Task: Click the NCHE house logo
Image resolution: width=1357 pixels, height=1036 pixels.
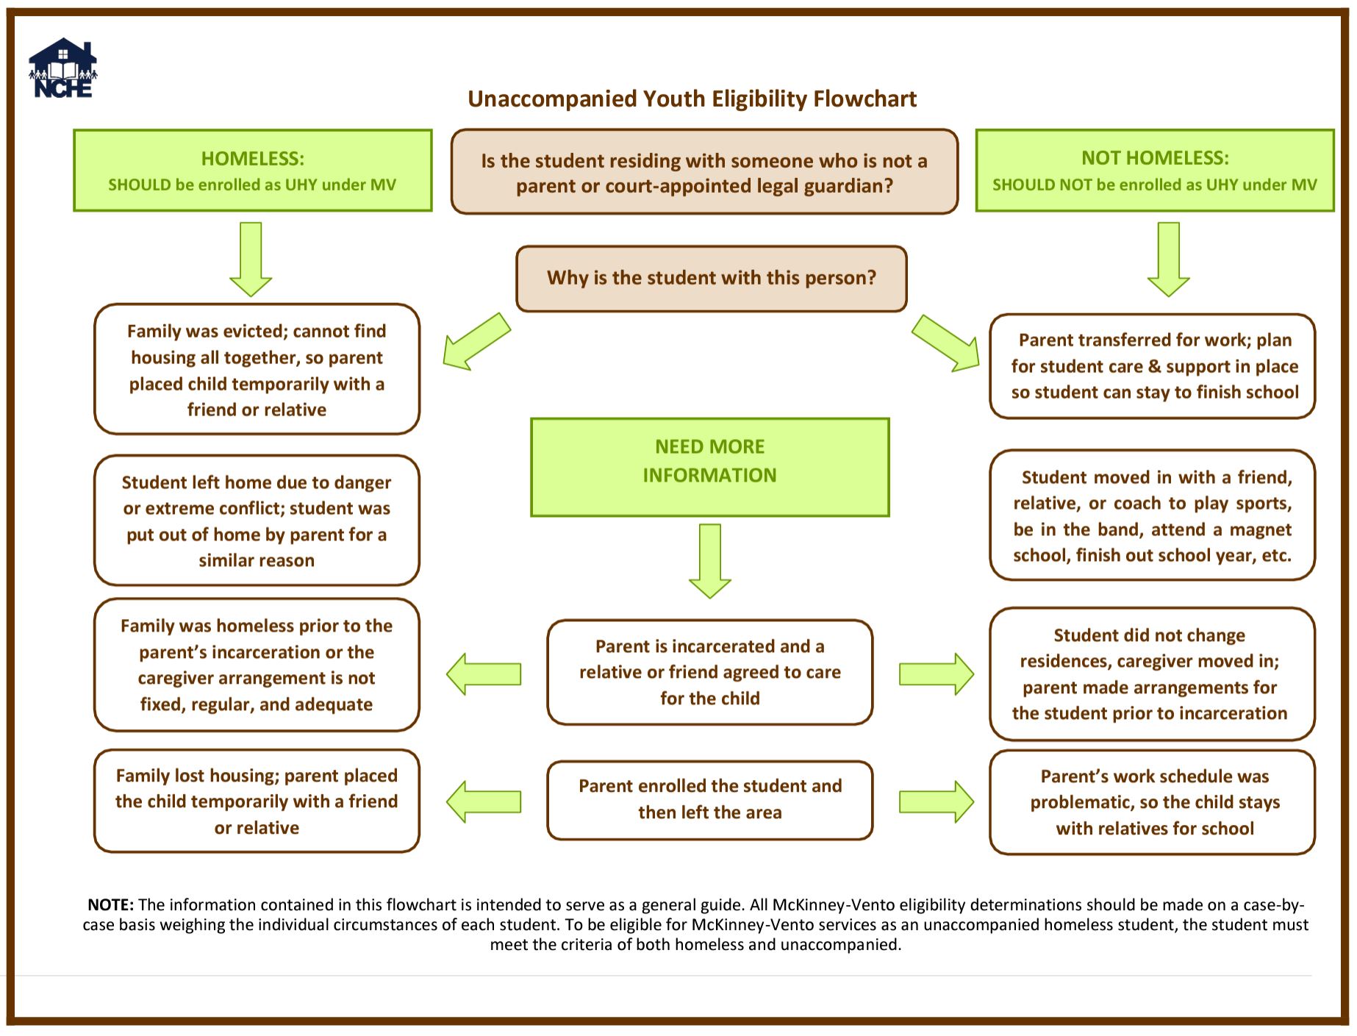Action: (63, 69)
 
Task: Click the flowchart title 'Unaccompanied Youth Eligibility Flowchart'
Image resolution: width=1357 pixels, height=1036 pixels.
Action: (692, 99)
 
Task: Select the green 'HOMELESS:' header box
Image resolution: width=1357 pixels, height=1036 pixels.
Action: (252, 171)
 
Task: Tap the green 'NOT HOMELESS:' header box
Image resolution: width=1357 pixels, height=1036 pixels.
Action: (1154, 171)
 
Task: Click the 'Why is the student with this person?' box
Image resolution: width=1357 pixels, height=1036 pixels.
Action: (711, 278)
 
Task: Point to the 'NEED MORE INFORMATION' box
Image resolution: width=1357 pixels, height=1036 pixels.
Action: (709, 467)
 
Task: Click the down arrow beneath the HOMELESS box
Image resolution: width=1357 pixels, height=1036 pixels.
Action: (251, 259)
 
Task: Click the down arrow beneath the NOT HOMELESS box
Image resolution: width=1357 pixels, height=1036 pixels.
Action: (1168, 259)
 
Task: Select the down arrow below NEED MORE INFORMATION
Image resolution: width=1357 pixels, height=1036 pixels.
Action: (709, 560)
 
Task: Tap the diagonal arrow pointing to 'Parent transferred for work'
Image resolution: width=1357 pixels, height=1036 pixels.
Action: (946, 343)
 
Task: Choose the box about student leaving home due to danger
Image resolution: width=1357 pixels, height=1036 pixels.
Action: (257, 521)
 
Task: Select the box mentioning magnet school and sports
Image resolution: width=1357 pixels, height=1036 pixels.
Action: (1152, 515)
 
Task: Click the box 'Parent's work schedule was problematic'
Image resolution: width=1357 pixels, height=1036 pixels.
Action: (1152, 801)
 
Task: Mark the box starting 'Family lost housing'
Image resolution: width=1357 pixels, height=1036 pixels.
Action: (257, 801)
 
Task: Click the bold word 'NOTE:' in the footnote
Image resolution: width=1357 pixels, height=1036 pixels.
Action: (110, 904)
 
